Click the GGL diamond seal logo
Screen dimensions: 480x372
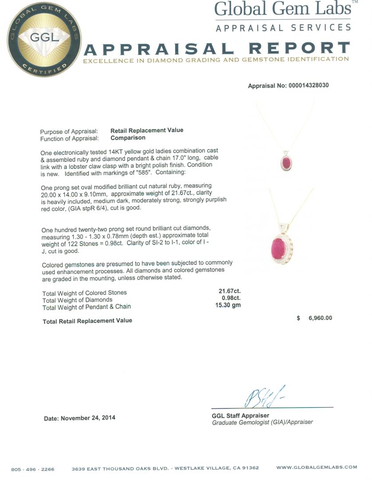pos(44,39)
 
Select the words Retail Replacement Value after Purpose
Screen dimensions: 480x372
pos(147,130)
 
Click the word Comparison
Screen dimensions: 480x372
pos(128,138)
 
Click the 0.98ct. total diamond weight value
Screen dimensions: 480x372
pos(231,298)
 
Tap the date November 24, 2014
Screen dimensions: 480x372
pos(80,418)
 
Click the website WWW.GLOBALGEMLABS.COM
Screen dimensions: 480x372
pos(316,467)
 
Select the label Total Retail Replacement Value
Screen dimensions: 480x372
pos(87,320)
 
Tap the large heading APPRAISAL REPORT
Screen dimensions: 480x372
pos(216,48)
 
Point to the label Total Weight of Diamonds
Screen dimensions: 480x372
pos(77,300)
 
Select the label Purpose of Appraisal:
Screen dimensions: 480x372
pos(69,132)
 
